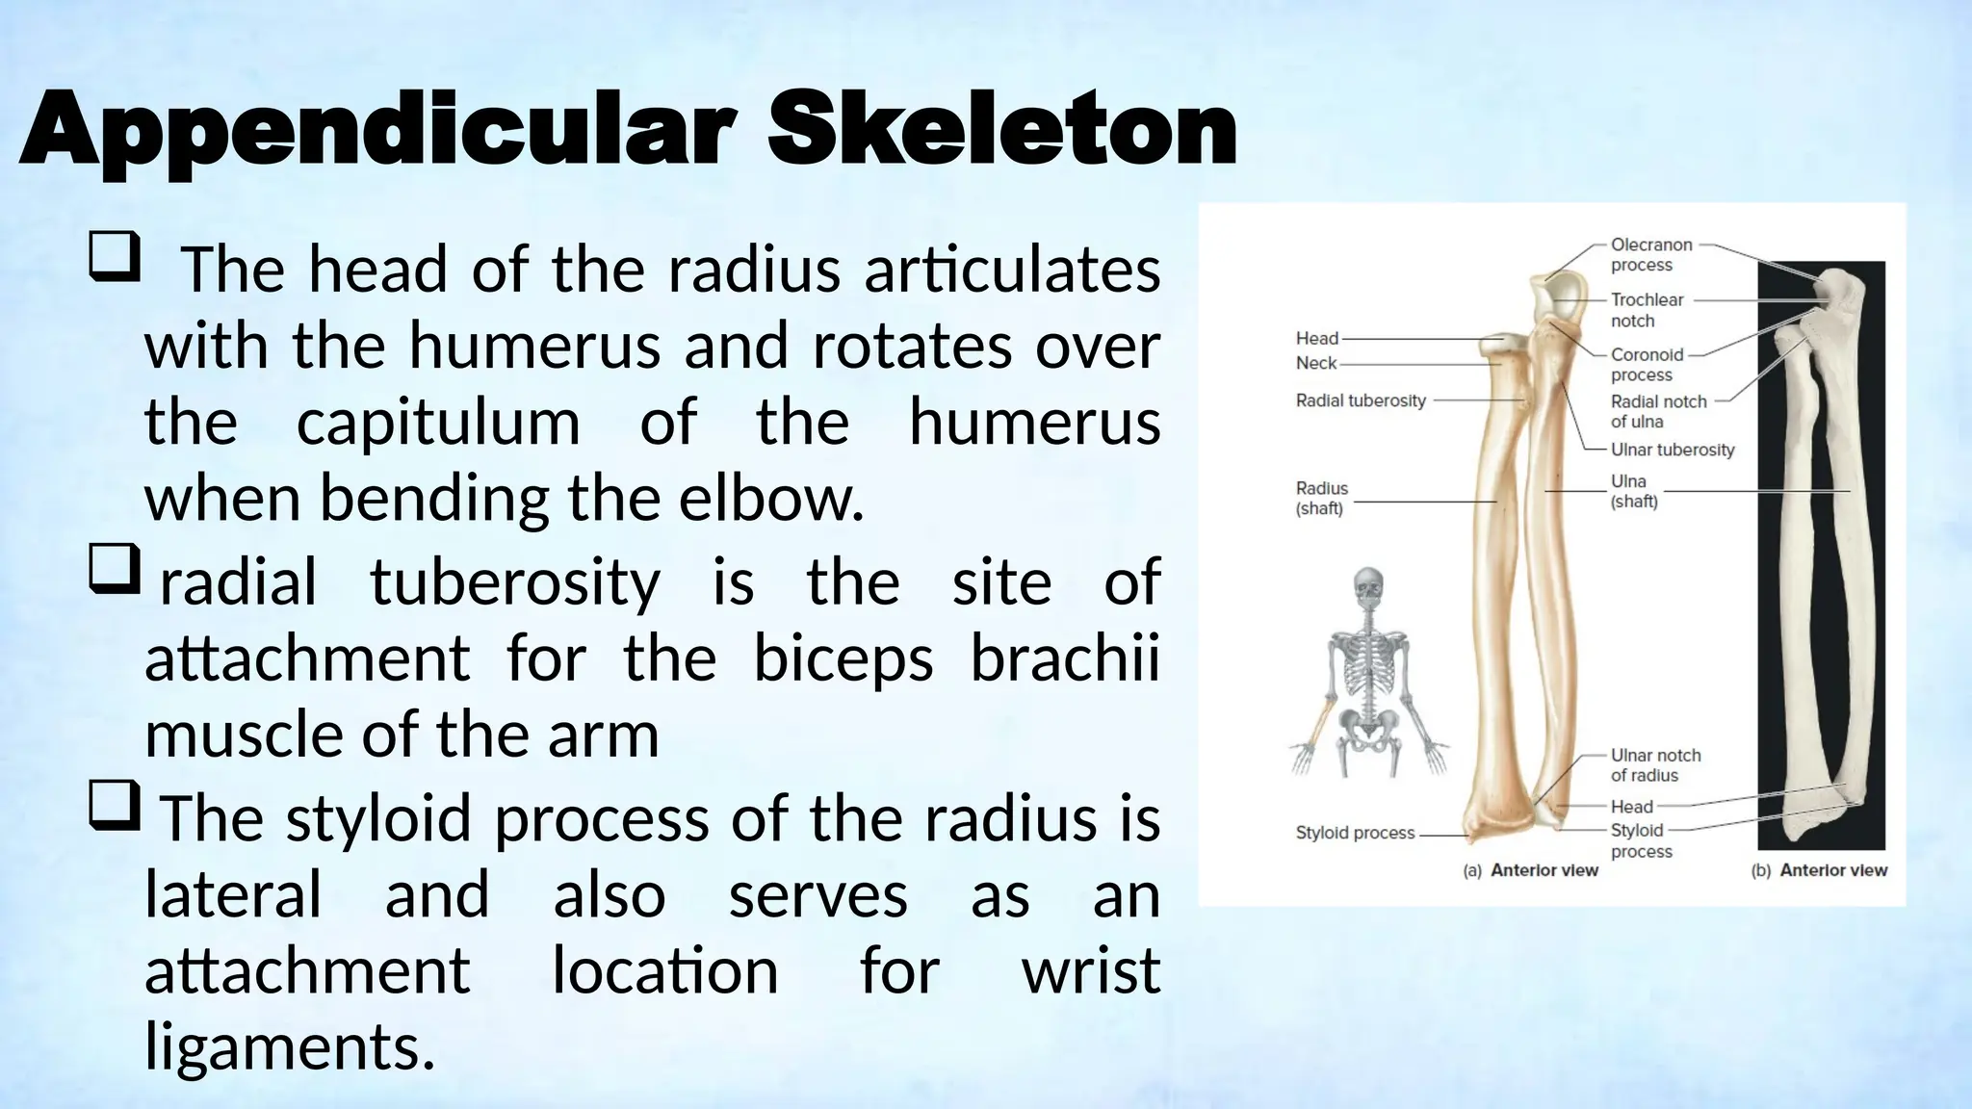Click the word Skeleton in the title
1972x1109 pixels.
[1001, 130]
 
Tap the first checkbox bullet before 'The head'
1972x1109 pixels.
[115, 257]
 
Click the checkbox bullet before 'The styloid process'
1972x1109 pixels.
[115, 806]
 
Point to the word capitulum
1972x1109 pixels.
[438, 424]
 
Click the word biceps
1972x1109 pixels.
[843, 659]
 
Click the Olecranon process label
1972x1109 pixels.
[1650, 255]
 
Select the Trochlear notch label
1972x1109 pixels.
[1646, 310]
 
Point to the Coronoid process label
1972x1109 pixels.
[1647, 365]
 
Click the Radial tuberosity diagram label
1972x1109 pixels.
[1360, 400]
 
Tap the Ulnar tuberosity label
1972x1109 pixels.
[1672, 450]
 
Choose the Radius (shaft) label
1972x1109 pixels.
[1321, 498]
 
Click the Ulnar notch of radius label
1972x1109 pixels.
[1655, 765]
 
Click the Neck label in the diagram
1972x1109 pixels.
[1315, 363]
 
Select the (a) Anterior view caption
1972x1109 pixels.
[1530, 870]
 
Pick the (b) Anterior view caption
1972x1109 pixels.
[1819, 870]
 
